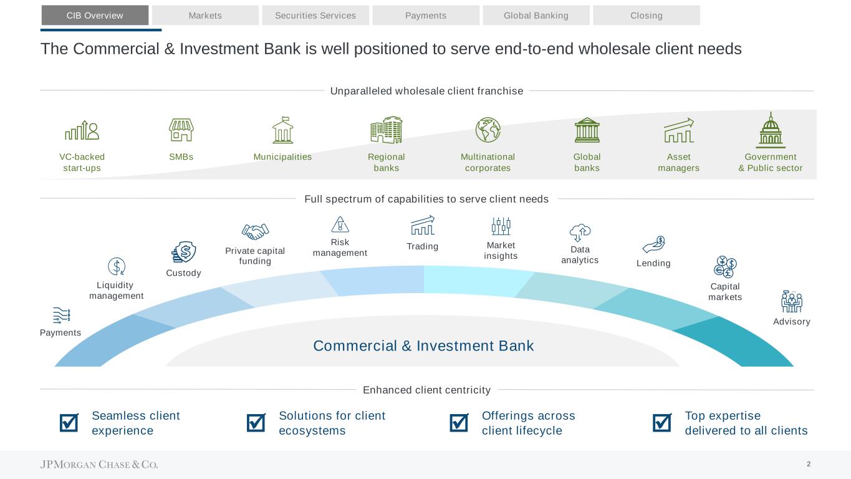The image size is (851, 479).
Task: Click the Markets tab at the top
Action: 205,16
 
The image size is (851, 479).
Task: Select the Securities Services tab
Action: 315,16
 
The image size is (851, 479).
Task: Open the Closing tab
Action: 647,16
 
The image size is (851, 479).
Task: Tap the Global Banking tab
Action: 536,16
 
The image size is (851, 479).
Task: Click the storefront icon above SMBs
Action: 181,130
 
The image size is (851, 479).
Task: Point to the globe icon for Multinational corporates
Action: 488,130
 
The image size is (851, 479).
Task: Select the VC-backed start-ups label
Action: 82,162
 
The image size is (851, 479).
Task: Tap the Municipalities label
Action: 282,157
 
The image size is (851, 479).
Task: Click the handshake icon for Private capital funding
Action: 254,231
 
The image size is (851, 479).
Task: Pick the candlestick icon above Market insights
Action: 501,226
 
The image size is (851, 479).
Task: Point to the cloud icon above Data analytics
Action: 580,232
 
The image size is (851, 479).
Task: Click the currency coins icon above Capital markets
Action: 726,267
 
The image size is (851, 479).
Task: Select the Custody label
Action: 183,273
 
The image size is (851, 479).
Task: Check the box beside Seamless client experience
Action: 69,423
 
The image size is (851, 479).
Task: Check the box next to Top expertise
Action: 662,423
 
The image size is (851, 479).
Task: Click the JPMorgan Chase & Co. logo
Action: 99,465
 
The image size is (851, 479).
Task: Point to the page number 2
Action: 809,464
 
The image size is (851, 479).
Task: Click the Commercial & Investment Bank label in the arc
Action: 423,346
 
